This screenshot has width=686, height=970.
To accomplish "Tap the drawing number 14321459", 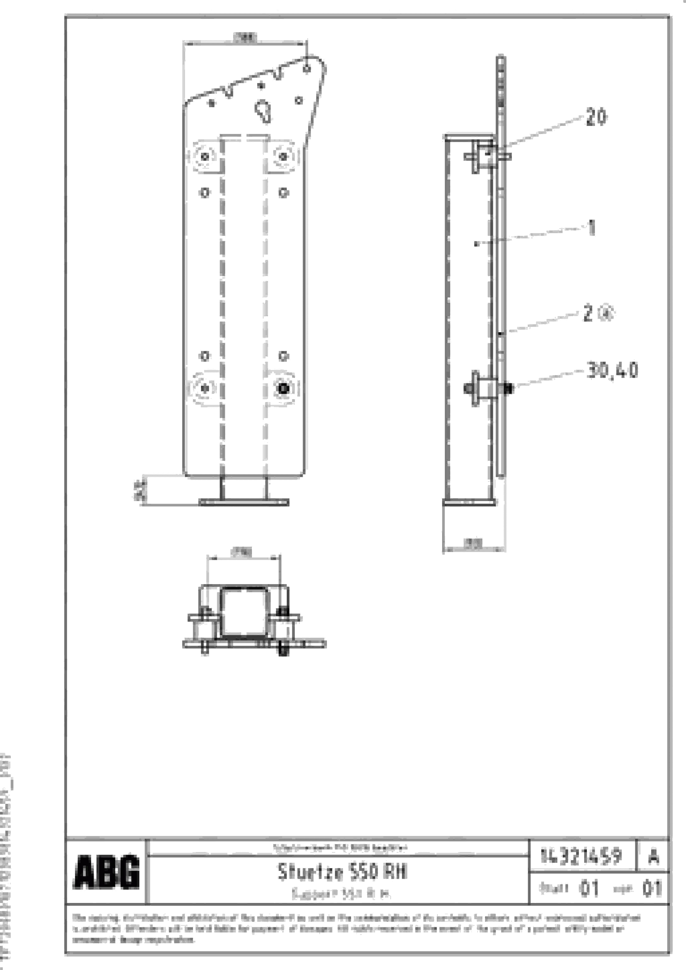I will point(581,856).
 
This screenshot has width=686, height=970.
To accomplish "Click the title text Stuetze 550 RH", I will point(341,871).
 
